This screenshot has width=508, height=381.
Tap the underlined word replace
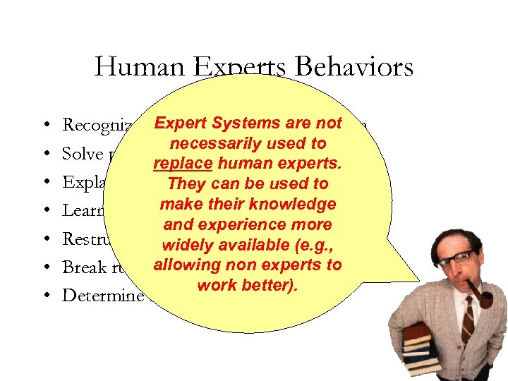(x=179, y=164)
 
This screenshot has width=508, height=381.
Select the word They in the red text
(x=183, y=184)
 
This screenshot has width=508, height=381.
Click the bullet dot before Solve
(x=45, y=154)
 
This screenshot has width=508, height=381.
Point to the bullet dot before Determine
(x=45, y=296)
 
